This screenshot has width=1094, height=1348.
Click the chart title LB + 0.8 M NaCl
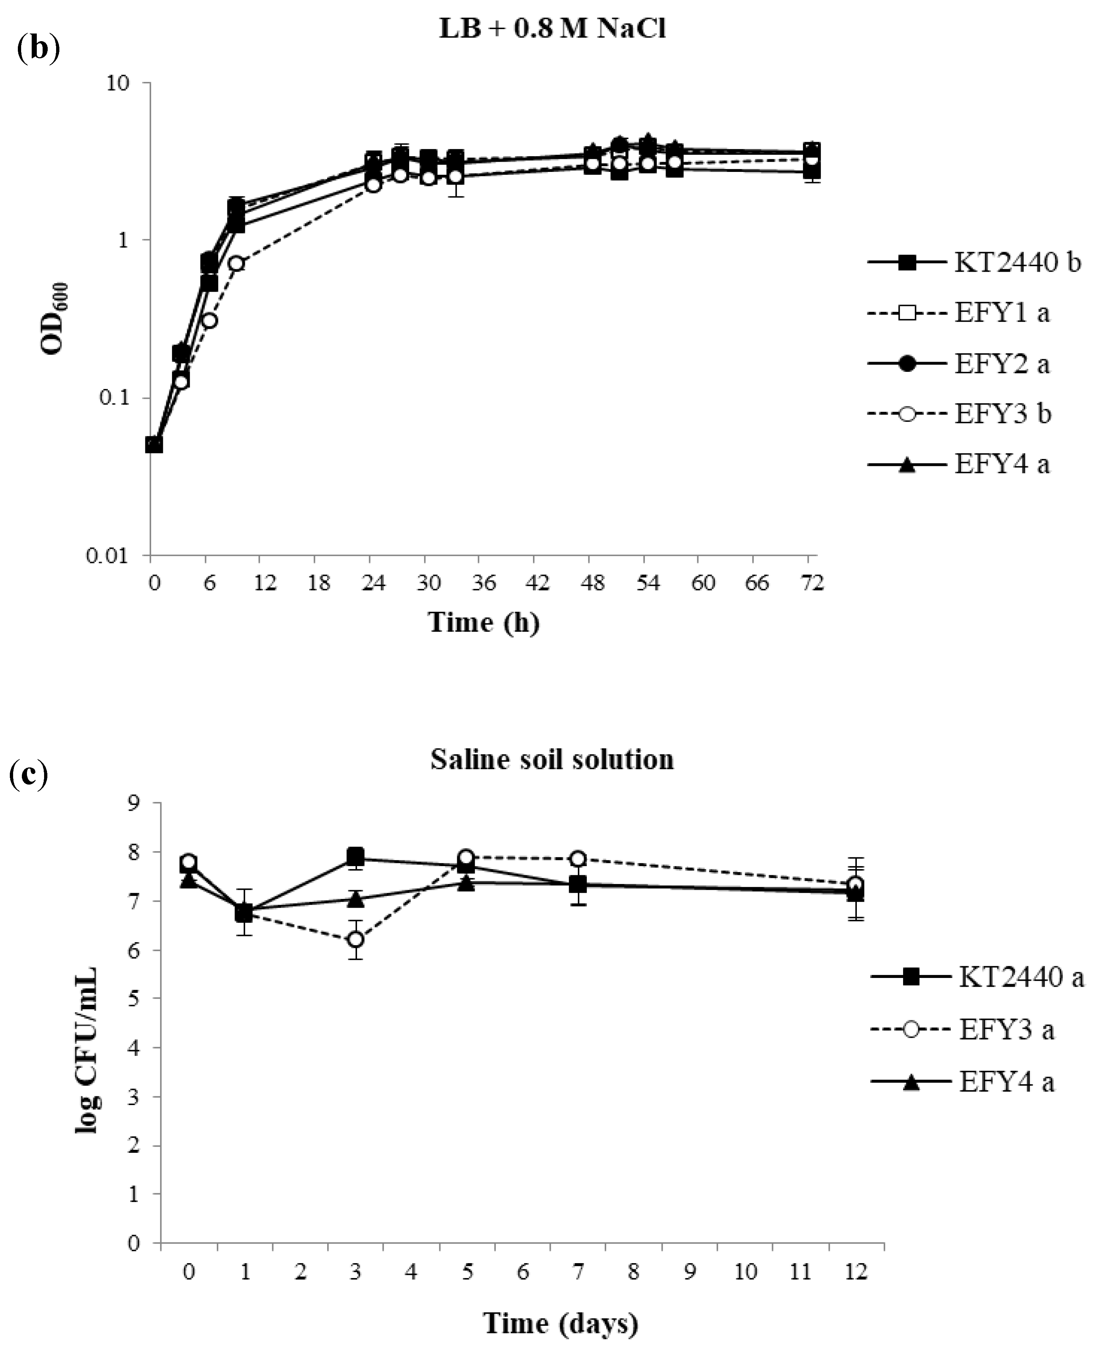(x=552, y=30)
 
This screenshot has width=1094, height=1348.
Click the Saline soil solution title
(x=552, y=759)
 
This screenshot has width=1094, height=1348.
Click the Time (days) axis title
(x=560, y=1323)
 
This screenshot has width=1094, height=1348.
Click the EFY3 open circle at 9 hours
(x=236, y=263)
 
